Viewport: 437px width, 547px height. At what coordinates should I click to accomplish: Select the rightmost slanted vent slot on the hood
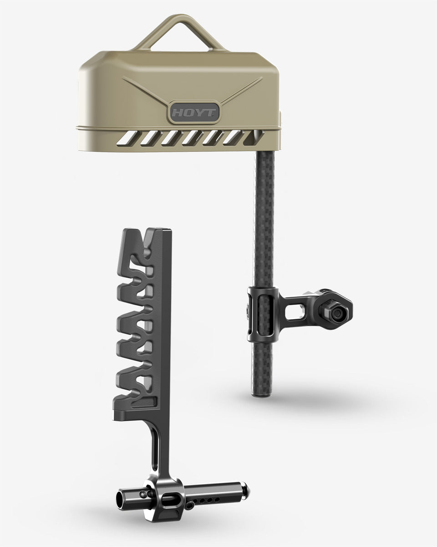[254, 138]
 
